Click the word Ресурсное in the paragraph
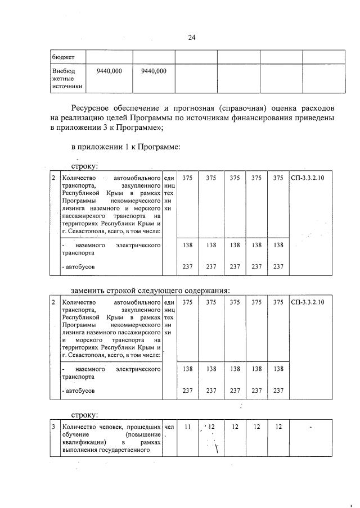point(90,107)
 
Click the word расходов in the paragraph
point(316,107)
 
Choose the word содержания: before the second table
point(206,290)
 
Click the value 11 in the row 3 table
point(187,427)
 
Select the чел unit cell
point(169,427)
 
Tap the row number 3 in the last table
point(53,427)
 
